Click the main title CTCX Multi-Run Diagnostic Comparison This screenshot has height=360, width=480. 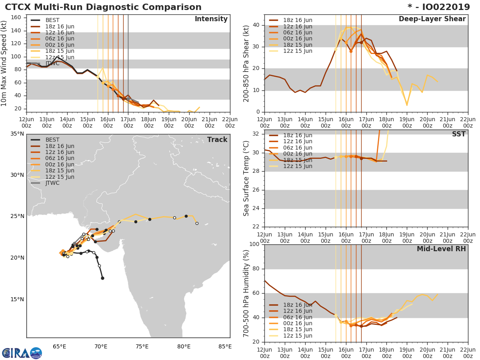pyautogui.click(x=103, y=7)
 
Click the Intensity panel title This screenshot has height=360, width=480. pyautogui.click(x=211, y=19)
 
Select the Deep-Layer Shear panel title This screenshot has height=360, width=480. pyautogui.click(x=432, y=19)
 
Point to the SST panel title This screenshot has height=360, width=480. pyautogui.click(x=459, y=134)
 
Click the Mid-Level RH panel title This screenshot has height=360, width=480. pyautogui.click(x=441, y=249)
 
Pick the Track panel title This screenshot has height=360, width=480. pyautogui.click(x=217, y=140)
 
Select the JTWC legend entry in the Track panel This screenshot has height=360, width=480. pyautogui.click(x=52, y=183)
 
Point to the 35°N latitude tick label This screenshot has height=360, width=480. pyautogui.click(x=16, y=134)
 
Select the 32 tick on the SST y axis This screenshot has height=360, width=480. pyautogui.click(x=256, y=134)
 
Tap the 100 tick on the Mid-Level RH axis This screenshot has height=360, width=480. pyautogui.click(x=254, y=244)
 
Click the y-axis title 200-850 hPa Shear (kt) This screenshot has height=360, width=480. pyautogui.click(x=247, y=63)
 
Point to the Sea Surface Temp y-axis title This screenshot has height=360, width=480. pyautogui.click(x=247, y=178)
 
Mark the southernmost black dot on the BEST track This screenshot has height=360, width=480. pyautogui.click(x=102, y=278)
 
